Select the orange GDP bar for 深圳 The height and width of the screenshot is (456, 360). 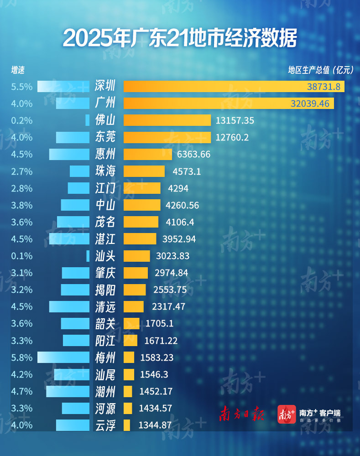[x=234, y=86]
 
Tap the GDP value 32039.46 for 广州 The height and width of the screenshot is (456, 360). [x=309, y=104]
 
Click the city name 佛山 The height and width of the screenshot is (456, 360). [x=105, y=120]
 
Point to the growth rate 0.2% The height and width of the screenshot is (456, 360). [x=22, y=120]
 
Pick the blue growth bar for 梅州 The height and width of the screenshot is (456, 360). [x=63, y=358]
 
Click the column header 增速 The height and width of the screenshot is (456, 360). [x=18, y=70]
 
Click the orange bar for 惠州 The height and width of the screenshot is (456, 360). [x=147, y=154]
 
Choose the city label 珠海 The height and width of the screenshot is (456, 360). [x=105, y=171]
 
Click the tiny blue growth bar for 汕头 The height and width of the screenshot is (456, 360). [x=88, y=256]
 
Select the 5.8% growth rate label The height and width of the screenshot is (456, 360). [x=22, y=358]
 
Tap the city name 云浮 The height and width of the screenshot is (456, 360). [x=105, y=425]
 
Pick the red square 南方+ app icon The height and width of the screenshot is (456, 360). [x=287, y=414]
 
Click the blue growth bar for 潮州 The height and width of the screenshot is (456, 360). [x=68, y=391]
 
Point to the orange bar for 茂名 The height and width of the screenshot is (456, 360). [x=141, y=222]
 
